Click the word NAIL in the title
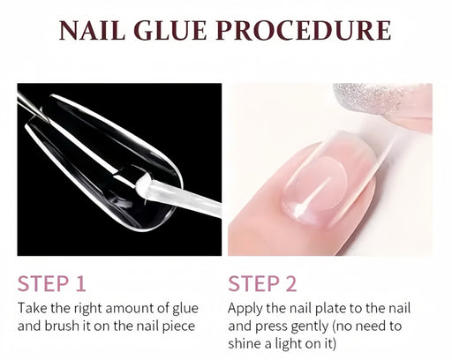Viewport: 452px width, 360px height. (x=92, y=31)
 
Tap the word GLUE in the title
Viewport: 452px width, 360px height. (x=170, y=31)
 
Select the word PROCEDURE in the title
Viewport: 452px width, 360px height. (x=304, y=31)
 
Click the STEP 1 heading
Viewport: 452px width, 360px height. (x=52, y=283)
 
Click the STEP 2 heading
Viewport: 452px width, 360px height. (x=262, y=283)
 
